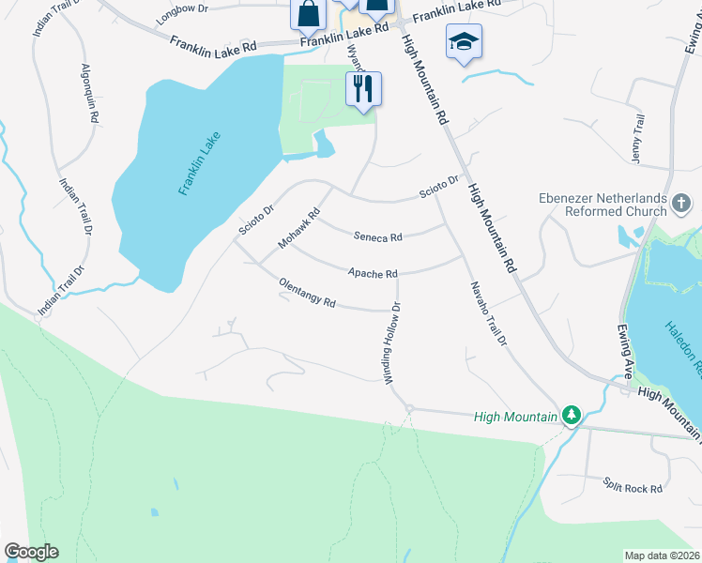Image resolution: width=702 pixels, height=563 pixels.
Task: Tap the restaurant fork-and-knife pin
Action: tap(364, 89)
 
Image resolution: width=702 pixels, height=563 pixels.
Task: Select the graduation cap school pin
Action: tap(463, 43)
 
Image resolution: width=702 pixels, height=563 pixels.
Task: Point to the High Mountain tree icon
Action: tap(571, 415)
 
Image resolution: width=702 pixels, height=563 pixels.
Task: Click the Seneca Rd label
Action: tap(377, 237)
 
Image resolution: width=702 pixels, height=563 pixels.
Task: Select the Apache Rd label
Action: tap(373, 274)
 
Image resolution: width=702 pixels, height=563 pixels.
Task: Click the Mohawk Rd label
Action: tap(299, 228)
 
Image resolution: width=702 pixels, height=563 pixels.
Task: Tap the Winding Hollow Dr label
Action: tap(391, 342)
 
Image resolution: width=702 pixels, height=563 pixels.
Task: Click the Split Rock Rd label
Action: tap(633, 489)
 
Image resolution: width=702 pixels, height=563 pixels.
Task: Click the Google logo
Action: tap(31, 552)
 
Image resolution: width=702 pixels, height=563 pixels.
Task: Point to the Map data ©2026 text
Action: tap(662, 555)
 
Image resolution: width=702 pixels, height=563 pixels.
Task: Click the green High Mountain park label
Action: tap(515, 416)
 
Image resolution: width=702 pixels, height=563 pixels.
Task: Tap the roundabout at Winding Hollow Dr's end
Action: tap(409, 407)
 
